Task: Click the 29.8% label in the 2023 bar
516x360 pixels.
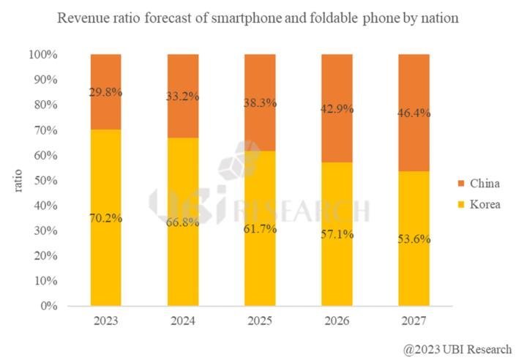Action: click(x=106, y=93)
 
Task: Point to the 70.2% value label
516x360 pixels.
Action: click(x=106, y=218)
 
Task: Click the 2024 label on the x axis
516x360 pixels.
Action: click(x=183, y=321)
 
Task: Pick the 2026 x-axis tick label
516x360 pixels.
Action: click(x=337, y=321)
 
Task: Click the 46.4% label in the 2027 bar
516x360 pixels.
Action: click(x=414, y=114)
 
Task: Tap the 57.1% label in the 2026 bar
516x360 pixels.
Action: click(x=337, y=234)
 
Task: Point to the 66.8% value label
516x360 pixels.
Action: click(x=183, y=222)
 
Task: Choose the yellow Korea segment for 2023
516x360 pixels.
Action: click(x=106, y=263)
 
